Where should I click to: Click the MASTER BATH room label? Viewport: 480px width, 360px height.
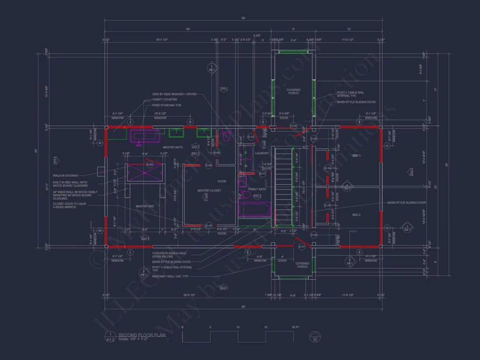(172, 147)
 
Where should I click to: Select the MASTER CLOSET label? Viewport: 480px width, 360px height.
(209, 191)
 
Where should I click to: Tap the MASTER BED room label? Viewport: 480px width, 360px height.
(144, 206)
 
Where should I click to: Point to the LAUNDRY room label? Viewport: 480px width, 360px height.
(261, 153)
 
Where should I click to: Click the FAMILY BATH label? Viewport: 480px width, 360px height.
(257, 189)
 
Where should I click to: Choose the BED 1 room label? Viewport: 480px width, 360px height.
(356, 155)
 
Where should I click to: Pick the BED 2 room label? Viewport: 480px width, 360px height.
(356, 215)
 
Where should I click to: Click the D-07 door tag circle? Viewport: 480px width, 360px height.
(150, 165)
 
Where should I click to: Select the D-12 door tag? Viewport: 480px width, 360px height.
(293, 126)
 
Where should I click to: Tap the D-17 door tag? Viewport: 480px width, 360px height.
(302, 247)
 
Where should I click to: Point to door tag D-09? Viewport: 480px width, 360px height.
(217, 152)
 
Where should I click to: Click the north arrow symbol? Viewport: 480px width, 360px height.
(314, 337)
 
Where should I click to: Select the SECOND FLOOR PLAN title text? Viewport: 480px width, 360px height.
(136, 335)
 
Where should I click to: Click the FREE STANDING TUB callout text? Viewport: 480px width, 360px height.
(166, 105)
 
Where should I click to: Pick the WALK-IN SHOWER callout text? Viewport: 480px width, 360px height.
(65, 175)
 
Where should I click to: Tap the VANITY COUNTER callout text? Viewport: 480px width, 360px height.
(165, 99)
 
